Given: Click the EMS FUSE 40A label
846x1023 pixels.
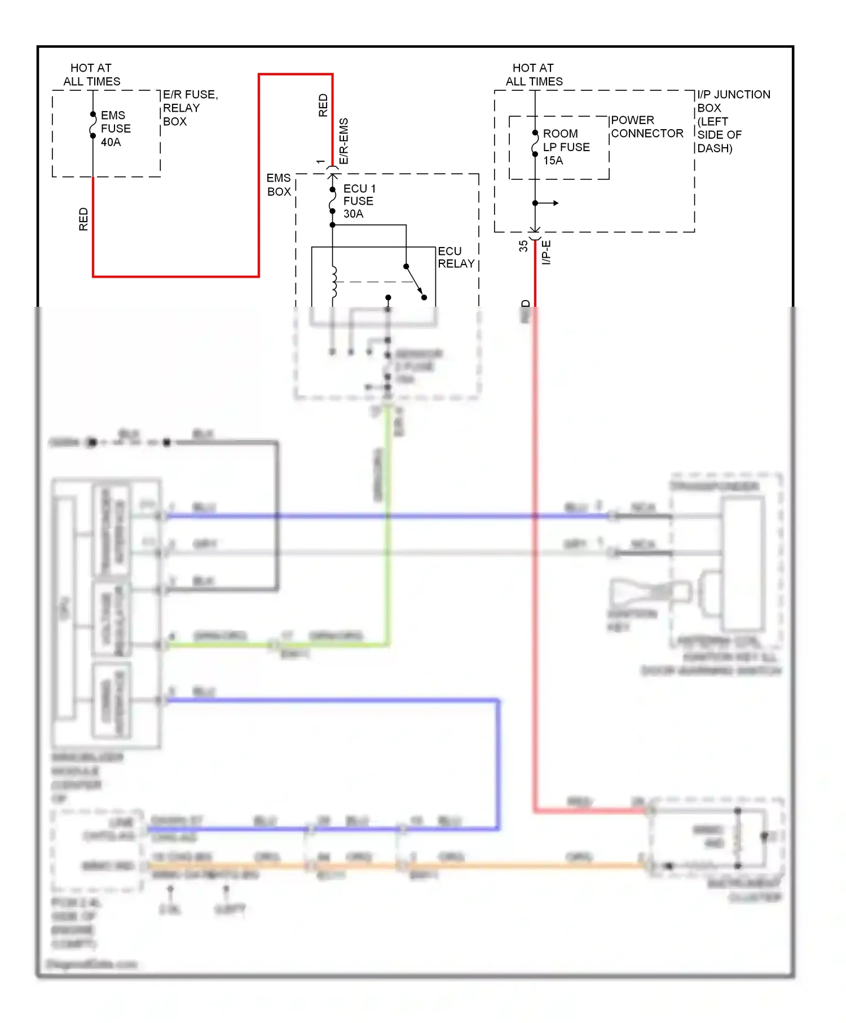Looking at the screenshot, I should [x=115, y=129].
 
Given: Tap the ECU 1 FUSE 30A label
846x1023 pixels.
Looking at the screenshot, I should [x=359, y=201].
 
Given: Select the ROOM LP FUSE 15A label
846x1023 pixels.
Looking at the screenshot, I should [x=566, y=147].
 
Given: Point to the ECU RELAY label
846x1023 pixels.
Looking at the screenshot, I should [x=456, y=257].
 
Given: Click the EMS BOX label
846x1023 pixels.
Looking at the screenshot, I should [x=279, y=185].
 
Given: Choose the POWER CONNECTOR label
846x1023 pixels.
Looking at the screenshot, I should [x=646, y=127].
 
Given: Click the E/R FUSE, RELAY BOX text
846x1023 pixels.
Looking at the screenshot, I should [x=190, y=108].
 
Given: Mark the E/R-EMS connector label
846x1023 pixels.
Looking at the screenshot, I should [x=344, y=141].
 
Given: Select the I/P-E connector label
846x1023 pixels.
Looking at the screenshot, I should [x=546, y=252].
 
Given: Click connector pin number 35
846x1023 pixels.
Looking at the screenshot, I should [x=523, y=246].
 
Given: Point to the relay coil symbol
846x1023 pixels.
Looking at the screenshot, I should [x=334, y=281].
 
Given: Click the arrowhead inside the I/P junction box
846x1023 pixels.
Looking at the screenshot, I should [x=555, y=203].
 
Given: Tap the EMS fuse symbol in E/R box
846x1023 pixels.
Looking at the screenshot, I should [x=93, y=125].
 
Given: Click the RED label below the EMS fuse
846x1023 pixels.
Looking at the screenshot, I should [x=83, y=219].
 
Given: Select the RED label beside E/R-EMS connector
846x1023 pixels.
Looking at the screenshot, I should [x=323, y=105].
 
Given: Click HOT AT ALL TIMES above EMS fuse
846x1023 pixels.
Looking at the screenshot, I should [x=91, y=74].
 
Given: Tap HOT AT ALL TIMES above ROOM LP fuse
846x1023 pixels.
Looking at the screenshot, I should [x=534, y=74].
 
